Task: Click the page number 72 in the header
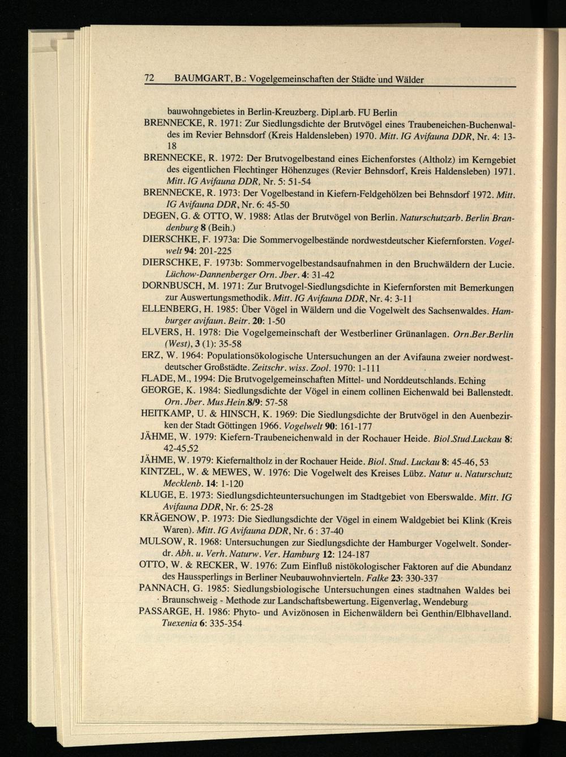[x=150, y=79]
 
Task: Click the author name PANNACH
[x=165, y=589]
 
